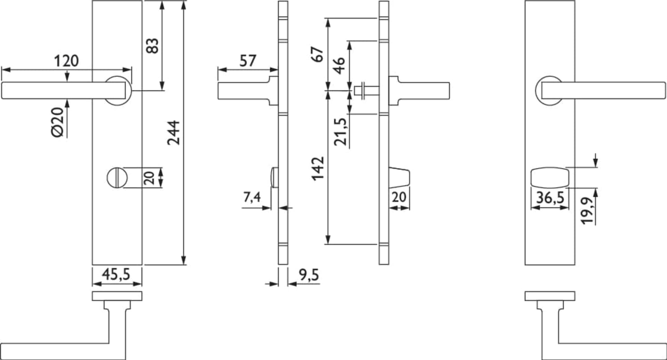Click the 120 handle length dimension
pos(67,61)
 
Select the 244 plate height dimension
pos(174,133)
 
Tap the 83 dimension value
pos(152,46)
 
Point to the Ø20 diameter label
pos(58,122)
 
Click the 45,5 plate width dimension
pos(116,274)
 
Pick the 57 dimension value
pos(248,61)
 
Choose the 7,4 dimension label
pos(252,197)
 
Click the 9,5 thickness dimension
pos(309,275)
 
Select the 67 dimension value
pos(318,54)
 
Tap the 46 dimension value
pos(339,66)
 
